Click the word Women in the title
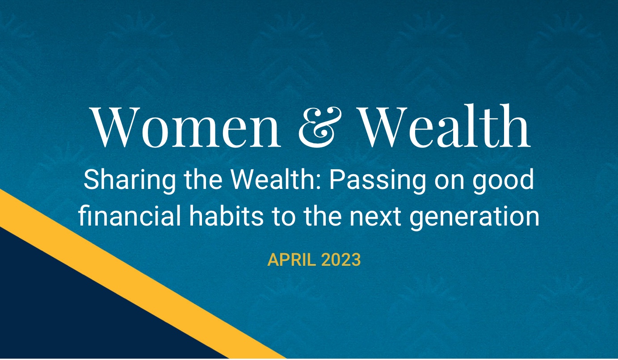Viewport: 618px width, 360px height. (185, 126)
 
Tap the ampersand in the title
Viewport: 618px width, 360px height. (320, 126)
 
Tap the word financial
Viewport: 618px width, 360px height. (130, 216)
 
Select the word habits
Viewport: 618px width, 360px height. (226, 216)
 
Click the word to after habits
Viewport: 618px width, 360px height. (283, 217)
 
